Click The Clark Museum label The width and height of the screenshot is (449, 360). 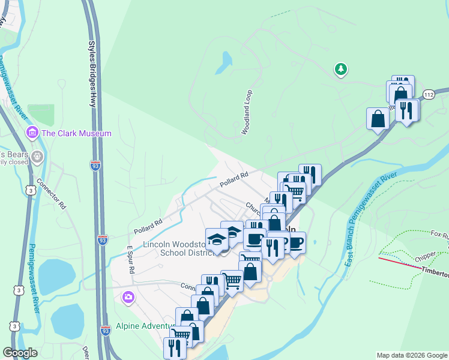tap(77, 133)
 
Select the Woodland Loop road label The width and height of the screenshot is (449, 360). tap(246, 112)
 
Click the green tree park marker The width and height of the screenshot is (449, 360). tap(342, 70)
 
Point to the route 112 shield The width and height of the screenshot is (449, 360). tap(428, 95)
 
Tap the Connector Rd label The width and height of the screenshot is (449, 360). tap(52, 193)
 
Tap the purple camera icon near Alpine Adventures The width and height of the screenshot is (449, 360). tap(128, 297)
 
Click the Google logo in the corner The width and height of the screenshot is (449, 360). tap(20, 353)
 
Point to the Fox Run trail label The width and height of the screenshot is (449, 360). tap(439, 233)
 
